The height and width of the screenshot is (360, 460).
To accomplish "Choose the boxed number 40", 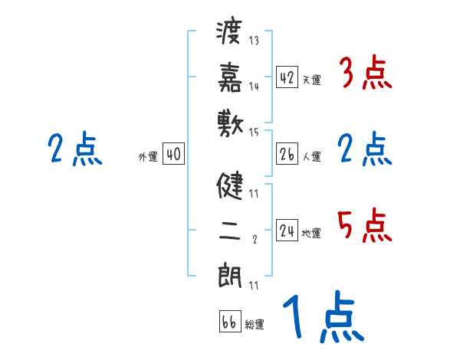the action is point(173,154).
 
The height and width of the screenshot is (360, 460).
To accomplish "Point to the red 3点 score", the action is point(365,75).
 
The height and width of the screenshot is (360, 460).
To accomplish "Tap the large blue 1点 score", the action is point(321,317).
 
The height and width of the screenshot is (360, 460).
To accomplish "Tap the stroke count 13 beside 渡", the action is point(254,41).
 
